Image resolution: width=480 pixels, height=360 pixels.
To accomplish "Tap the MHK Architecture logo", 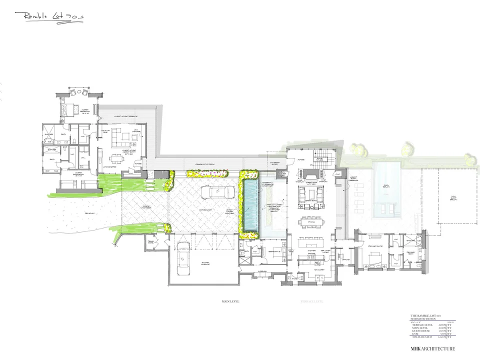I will [x=432, y=348].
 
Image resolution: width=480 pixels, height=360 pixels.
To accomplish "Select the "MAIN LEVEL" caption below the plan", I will [x=231, y=302].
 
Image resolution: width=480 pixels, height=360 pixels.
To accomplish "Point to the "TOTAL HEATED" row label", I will [x=420, y=338].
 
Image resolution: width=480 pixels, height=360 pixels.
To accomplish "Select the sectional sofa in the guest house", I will [x=119, y=134].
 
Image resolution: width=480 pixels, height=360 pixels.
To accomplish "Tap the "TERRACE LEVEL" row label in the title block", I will [x=420, y=324].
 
